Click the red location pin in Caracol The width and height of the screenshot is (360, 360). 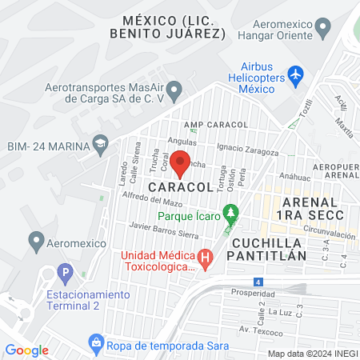[x=181, y=162]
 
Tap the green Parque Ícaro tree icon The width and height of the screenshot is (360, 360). [x=231, y=214]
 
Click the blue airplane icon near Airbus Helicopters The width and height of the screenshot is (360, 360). [x=295, y=75]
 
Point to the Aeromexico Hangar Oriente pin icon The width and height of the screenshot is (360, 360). [x=323, y=30]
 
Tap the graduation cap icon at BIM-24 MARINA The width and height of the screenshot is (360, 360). [x=100, y=144]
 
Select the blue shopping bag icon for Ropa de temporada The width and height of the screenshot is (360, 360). [x=97, y=343]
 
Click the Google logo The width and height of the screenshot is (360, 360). [x=27, y=350]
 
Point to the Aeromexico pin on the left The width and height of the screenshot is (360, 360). [x=35, y=239]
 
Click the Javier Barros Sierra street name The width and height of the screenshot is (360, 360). [x=163, y=230]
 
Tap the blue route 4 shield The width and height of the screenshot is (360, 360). [x=257, y=282]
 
